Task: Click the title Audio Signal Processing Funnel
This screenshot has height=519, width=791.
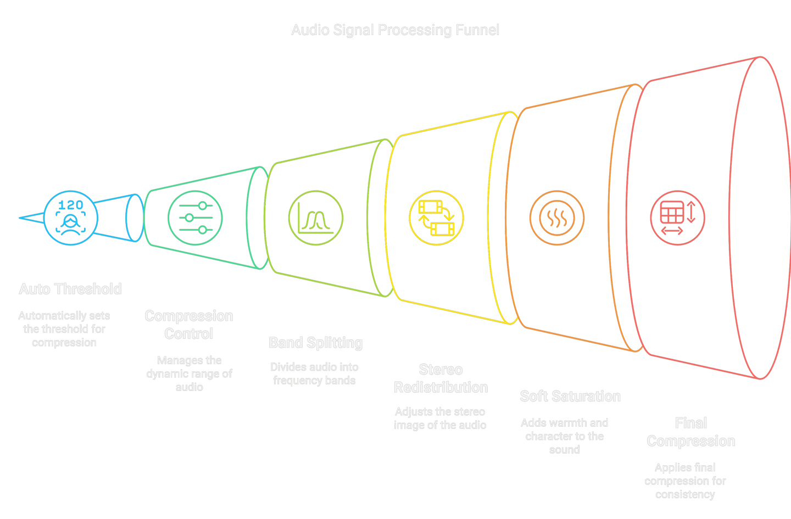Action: pos(395,30)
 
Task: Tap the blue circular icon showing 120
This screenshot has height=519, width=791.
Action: pos(71,218)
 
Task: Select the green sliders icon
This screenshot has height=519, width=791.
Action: pos(196,218)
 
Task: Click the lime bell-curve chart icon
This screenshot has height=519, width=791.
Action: pos(316,218)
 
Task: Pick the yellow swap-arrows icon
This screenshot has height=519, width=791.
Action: pos(437,218)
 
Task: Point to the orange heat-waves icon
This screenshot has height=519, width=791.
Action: pos(557,218)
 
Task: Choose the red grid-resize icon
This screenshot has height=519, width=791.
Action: pos(678,218)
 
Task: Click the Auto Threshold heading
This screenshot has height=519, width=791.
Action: pos(70,289)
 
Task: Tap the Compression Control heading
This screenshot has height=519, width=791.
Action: pos(189,325)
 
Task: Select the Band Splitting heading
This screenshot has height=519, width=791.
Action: pos(316,343)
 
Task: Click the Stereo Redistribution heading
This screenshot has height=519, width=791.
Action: pos(441,378)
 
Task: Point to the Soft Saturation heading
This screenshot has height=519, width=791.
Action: pos(570,397)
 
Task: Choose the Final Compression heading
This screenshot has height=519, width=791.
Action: pos(691,432)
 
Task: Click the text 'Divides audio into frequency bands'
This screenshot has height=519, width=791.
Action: pos(314,374)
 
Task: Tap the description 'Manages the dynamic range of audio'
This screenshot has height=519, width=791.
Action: pos(190,374)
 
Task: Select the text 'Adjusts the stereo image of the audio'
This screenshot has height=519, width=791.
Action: pos(440,418)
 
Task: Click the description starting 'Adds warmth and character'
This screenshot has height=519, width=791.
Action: pos(564,437)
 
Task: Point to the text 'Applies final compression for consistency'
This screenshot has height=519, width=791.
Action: pos(685,481)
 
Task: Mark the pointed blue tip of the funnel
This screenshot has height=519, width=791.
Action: pos(19,218)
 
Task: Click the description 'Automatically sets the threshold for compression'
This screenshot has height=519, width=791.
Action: pos(64,329)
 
